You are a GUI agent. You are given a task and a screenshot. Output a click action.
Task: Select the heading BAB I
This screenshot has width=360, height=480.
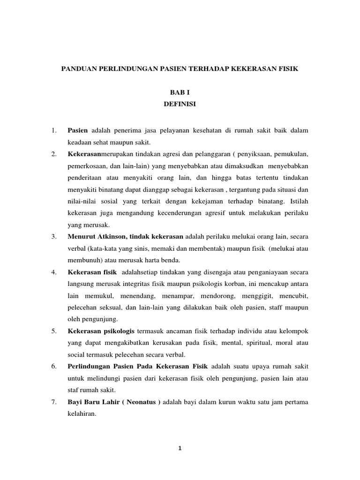click(180, 93)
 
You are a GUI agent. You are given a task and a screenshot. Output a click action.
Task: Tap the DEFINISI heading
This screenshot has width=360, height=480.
click(180, 105)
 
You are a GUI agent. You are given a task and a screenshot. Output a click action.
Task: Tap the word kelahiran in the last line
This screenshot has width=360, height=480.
click(82, 414)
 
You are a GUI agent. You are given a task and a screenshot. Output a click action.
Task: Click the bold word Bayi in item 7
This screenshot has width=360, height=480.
click(75, 402)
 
